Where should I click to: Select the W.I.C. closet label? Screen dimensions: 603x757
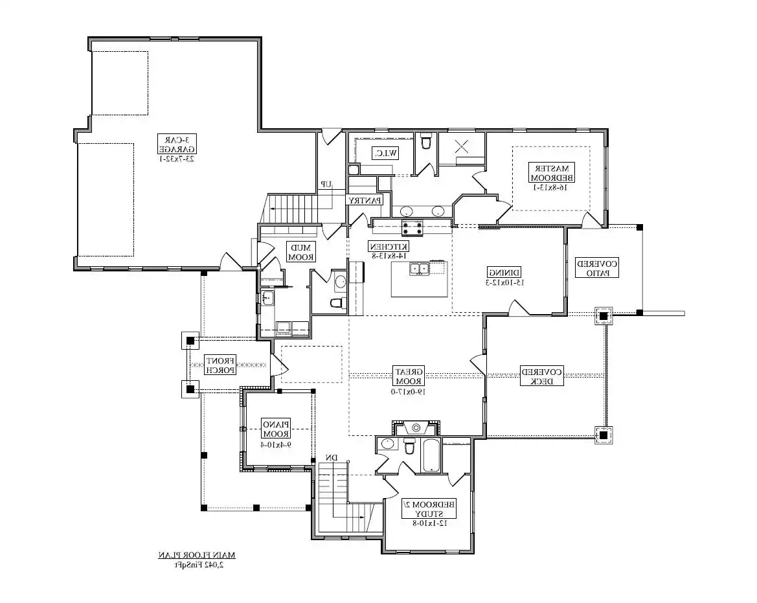[x=384, y=153]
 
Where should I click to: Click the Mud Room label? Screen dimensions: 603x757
[x=300, y=252]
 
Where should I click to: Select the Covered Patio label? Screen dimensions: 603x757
[x=597, y=268]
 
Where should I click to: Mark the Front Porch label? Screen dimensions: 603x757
[x=220, y=365]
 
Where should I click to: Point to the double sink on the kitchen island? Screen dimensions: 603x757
[x=419, y=268]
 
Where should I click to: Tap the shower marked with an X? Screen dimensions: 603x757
[x=462, y=146]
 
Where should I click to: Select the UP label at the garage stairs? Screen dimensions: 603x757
[x=326, y=185]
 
